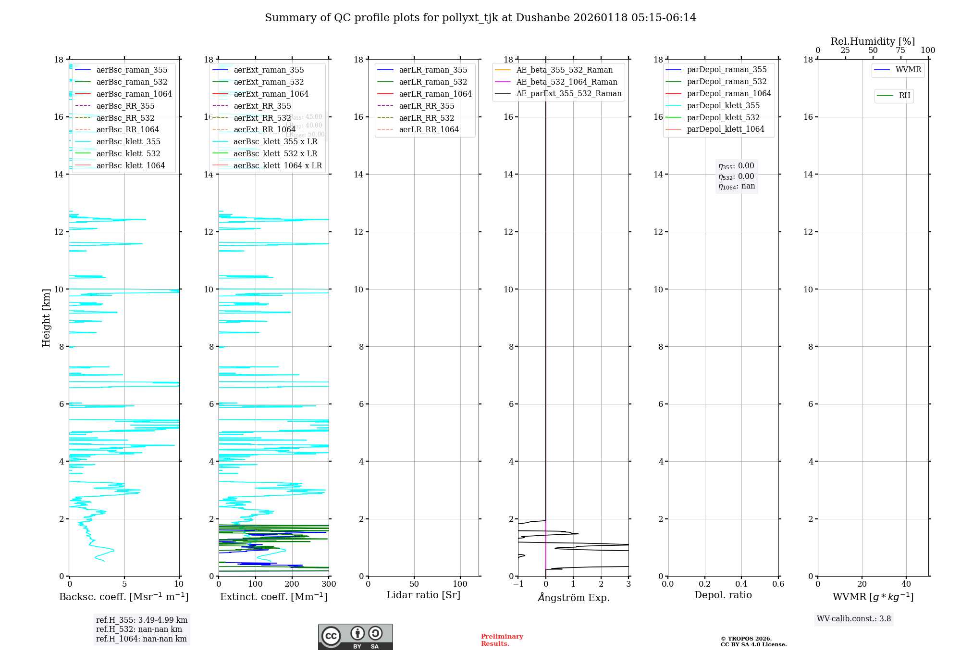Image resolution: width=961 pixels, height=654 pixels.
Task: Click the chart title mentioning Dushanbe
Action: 480,18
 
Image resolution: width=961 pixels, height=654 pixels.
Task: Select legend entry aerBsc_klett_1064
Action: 130,165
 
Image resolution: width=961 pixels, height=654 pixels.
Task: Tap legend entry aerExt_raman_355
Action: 269,70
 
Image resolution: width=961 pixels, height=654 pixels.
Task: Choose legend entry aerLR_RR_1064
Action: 429,129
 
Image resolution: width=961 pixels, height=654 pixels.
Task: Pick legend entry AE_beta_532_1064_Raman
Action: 567,82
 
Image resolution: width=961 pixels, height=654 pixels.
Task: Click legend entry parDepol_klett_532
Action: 723,117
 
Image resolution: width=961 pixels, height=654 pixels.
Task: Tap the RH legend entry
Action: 904,96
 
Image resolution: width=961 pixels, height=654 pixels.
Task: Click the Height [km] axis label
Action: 46,317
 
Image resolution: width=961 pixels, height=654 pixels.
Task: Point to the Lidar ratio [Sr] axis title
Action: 423,595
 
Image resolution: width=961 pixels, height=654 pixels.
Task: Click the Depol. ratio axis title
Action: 723,595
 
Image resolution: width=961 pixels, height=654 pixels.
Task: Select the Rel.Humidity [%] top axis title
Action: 873,41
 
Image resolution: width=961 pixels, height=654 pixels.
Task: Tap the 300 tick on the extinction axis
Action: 329,584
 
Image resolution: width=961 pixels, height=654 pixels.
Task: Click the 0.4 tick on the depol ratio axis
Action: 741,584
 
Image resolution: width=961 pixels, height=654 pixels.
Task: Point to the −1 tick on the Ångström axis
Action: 518,584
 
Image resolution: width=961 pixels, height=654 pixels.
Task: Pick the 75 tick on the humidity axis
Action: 900,50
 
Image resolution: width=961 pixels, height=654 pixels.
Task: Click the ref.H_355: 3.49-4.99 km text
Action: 142,620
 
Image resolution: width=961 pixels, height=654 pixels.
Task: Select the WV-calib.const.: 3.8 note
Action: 854,619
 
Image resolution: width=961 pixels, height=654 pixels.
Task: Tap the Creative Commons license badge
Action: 355,637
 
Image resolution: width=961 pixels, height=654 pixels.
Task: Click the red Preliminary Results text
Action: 502,640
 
